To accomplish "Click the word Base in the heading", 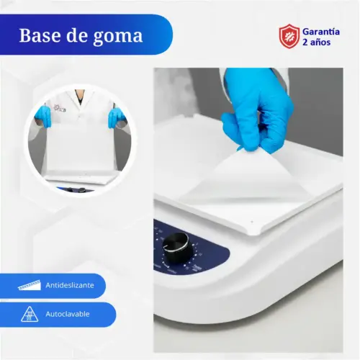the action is click(40, 35).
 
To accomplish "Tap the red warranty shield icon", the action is click(289, 36).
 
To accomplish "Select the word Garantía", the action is click(321, 32).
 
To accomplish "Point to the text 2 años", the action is click(316, 42).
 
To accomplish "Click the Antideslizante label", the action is click(70, 285).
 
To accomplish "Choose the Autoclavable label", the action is click(68, 314).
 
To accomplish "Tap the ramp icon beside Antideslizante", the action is click(30, 285).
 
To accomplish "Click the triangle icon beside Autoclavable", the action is click(30, 314).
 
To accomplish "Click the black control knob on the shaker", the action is click(178, 249).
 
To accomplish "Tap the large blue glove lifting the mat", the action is click(258, 110).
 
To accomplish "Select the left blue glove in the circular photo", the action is click(43, 117).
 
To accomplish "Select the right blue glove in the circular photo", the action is click(116, 117).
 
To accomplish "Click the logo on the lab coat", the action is click(59, 109).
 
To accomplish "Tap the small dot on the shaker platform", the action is click(252, 222).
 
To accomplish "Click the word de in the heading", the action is click(76, 35).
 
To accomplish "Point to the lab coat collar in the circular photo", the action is click(80, 101).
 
